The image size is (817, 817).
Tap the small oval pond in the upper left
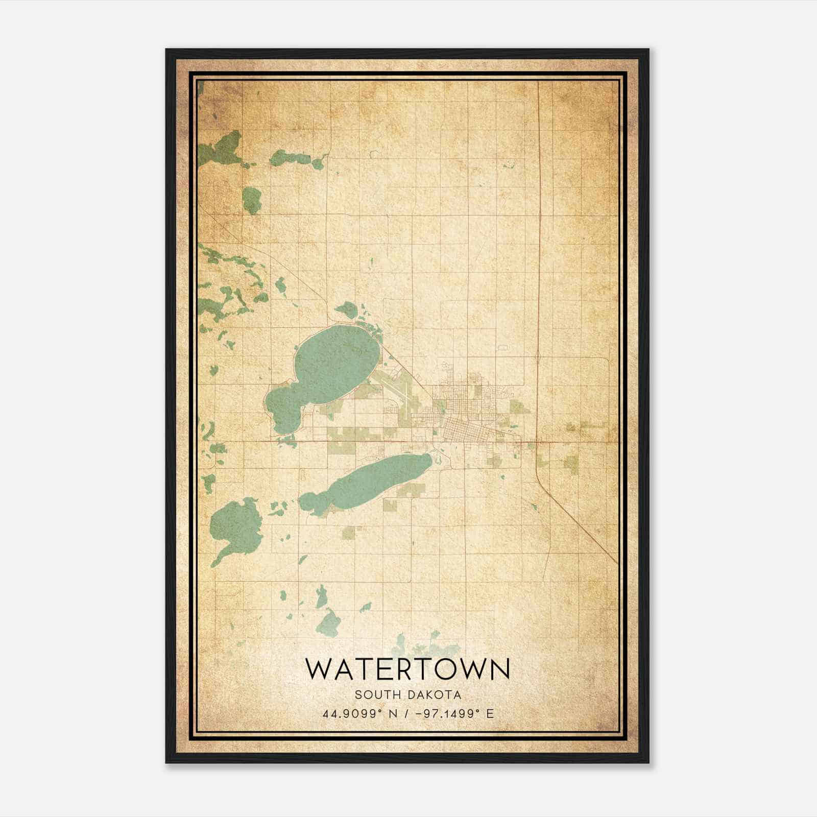(x=252, y=200)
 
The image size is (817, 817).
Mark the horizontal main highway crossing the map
(x=357, y=441)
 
